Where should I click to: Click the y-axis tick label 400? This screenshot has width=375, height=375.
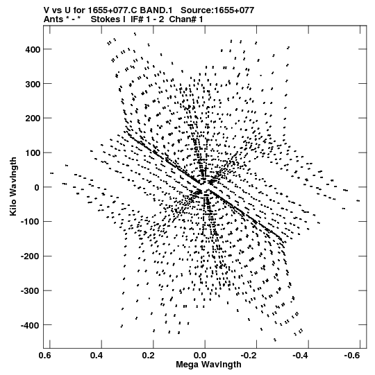pos(33,49)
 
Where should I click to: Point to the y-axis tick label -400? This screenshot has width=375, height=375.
pos(31,325)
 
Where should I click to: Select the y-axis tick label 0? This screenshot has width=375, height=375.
pos(37,187)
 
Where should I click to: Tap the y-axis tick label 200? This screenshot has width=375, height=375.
pos(33,119)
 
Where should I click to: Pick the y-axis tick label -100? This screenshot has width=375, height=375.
pos(31,222)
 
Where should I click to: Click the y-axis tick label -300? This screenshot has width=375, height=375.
pos(31,291)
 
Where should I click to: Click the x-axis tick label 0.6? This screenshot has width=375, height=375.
pos(45,356)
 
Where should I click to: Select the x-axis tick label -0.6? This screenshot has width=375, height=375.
pos(352,356)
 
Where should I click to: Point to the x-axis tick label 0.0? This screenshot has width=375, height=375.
pos(200,356)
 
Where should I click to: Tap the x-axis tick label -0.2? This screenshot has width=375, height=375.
pos(249,356)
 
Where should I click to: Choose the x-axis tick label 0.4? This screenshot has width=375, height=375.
pos(97,356)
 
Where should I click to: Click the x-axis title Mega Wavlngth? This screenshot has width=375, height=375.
pos(208,365)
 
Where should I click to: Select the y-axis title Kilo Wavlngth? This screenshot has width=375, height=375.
pos(13,186)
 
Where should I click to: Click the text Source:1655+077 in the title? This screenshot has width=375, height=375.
pos(217,10)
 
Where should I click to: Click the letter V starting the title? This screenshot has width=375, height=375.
pos(47,10)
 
